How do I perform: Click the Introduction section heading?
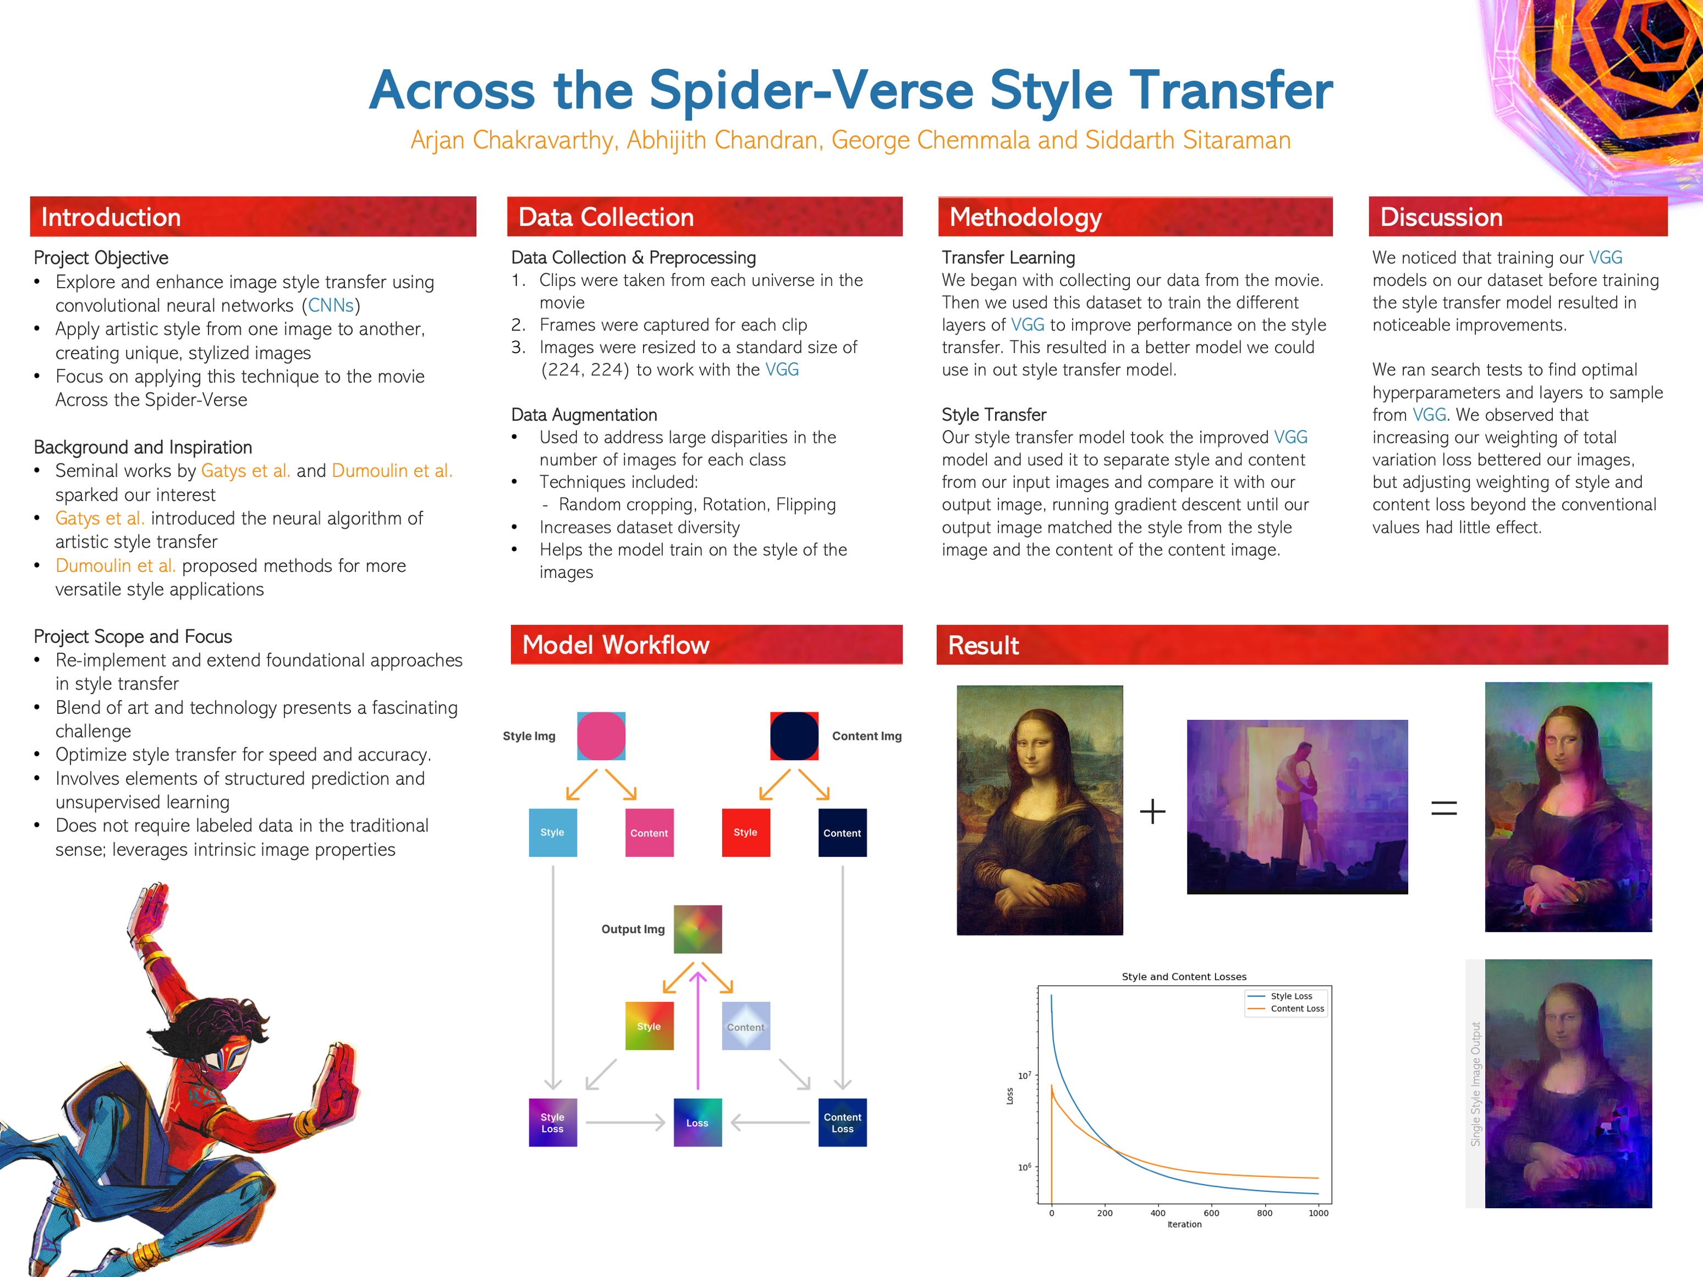point(111,217)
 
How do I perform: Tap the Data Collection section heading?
point(606,217)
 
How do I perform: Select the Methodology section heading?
point(1025,218)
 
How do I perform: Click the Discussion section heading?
point(1441,217)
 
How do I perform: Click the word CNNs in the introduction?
point(331,306)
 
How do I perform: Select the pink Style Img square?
point(601,736)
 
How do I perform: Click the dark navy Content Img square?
point(794,736)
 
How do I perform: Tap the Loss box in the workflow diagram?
point(697,1122)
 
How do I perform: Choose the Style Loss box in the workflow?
point(553,1122)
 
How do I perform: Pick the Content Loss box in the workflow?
point(842,1122)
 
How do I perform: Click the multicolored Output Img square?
point(697,929)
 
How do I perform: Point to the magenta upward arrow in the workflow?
point(697,1031)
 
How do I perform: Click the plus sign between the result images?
point(1152,811)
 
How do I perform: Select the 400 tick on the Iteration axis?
point(1158,1213)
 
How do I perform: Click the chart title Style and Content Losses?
point(1184,977)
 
